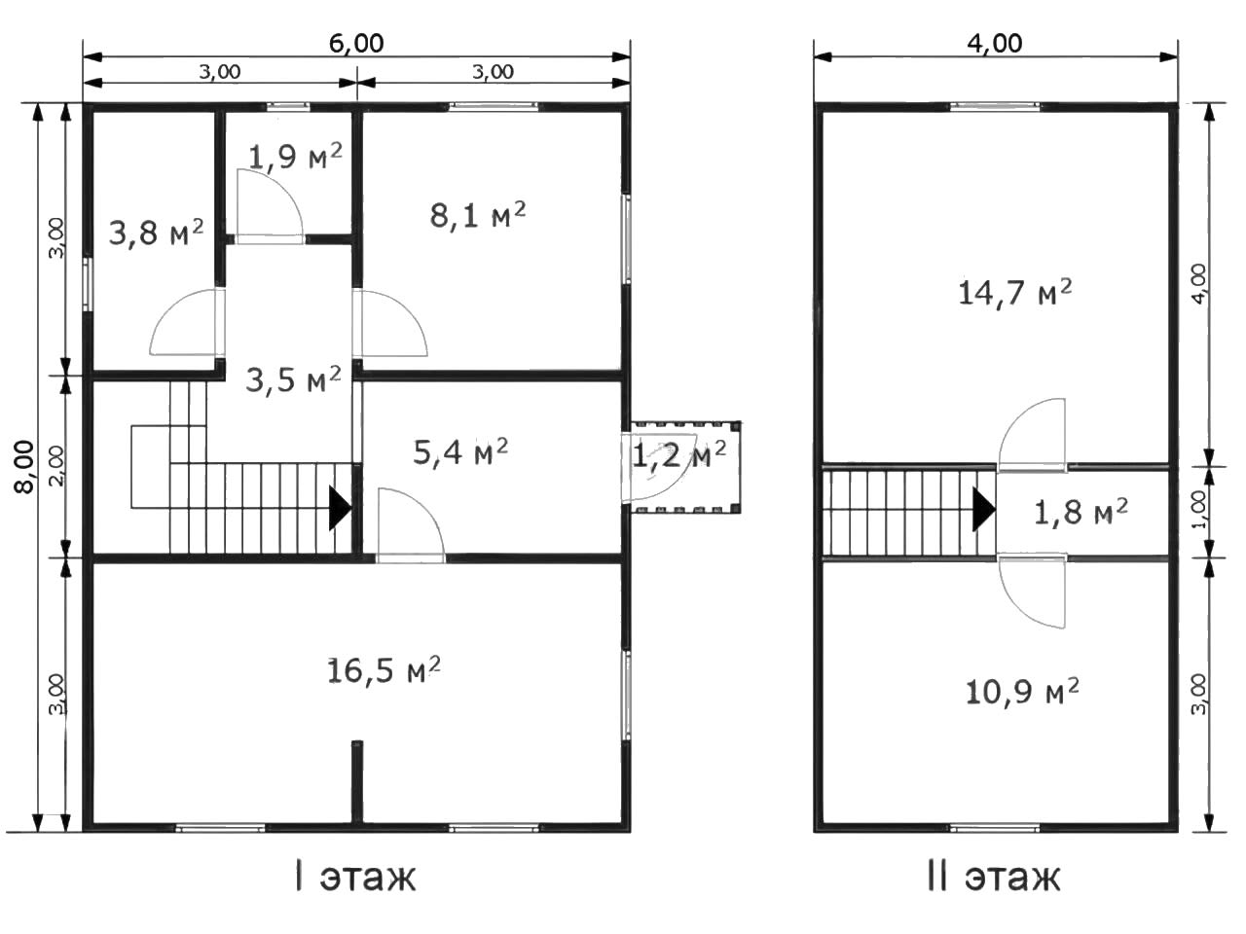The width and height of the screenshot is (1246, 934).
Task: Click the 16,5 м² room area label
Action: coord(384,670)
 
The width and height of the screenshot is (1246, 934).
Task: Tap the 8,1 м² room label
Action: coord(477,215)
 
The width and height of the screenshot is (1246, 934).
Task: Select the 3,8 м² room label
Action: coord(156,232)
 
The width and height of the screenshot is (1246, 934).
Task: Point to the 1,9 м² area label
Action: coord(295,156)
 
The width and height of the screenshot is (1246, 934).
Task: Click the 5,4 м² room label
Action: coord(459,452)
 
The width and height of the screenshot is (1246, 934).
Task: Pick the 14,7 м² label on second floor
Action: coord(1015,293)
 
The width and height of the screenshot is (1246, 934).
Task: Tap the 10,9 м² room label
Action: coord(1022,692)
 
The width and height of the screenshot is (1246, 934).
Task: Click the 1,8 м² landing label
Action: coord(1081,512)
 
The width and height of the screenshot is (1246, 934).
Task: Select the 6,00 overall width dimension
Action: coord(356,44)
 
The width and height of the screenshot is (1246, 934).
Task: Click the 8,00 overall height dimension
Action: coord(25,467)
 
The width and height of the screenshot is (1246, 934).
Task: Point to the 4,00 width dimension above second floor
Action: coord(995,44)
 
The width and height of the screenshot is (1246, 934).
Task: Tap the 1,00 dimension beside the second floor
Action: coord(1199,510)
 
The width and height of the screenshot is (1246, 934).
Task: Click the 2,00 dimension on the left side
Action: coord(57,466)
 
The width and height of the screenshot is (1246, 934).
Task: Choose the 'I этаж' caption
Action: coord(355,877)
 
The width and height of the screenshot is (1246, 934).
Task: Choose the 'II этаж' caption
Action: coord(994,877)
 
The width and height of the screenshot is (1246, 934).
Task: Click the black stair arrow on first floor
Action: coord(341,508)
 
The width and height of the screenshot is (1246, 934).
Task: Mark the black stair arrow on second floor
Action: coord(984,509)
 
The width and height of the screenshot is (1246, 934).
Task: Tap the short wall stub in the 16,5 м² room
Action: coord(356,781)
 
